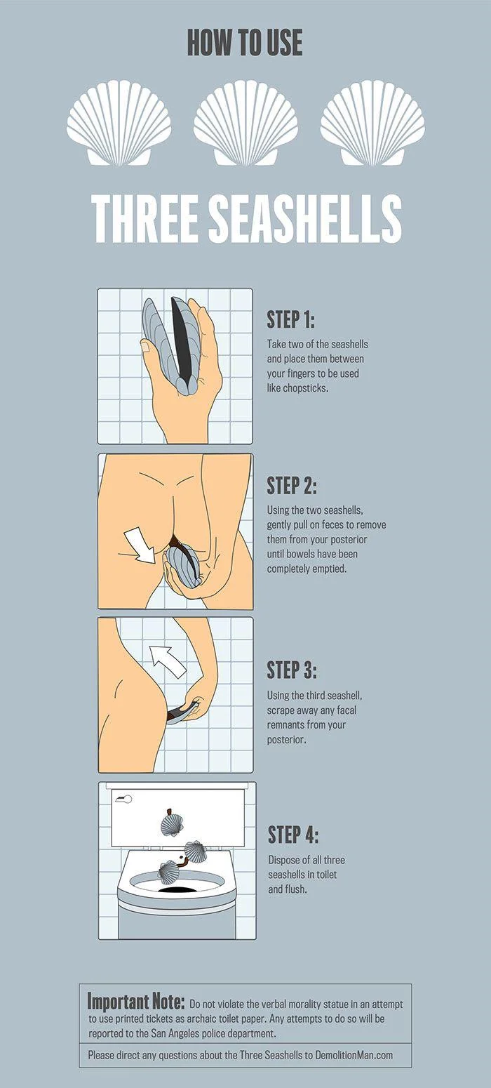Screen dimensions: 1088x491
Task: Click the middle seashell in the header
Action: (245, 123)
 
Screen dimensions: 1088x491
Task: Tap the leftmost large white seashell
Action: (119, 123)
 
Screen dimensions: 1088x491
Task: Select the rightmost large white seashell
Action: (372, 123)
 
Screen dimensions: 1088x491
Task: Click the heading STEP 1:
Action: (290, 319)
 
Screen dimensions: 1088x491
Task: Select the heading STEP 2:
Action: (292, 485)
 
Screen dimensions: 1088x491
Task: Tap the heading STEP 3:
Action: (292, 670)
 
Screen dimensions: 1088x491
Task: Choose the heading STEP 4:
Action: (293, 835)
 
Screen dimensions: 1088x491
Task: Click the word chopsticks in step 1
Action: (321, 387)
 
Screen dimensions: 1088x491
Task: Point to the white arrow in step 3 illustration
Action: (168, 660)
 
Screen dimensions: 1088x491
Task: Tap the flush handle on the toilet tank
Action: (123, 799)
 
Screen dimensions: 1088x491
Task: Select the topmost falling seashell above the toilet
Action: (171, 824)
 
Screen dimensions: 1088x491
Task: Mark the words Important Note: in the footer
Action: (136, 1001)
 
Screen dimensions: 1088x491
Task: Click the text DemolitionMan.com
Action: (354, 1054)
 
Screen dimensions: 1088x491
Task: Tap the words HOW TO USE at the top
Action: (245, 44)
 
